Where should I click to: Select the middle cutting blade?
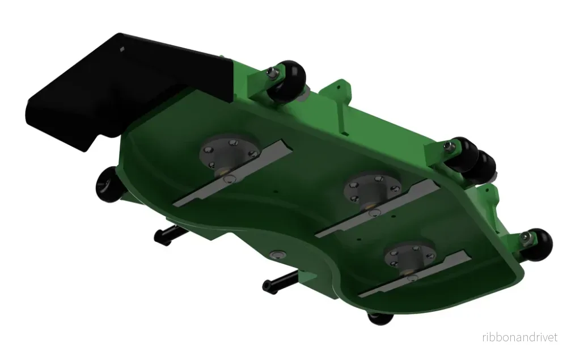click(378, 209)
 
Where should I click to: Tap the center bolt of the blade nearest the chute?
click(228, 179)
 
